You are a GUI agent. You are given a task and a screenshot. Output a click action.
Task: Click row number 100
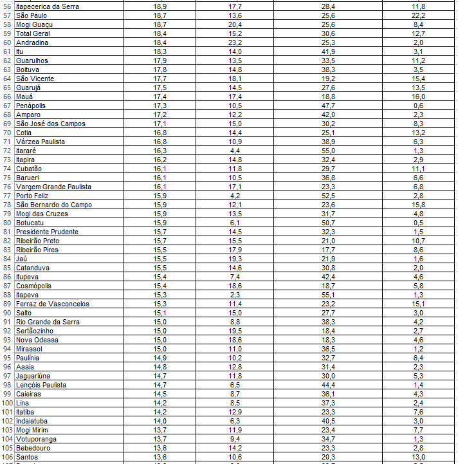[7, 403]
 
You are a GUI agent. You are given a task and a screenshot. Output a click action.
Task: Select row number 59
[7, 33]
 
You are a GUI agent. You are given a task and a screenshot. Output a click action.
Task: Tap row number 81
[7, 232]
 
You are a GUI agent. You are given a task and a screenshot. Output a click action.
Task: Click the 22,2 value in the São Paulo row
[418, 15]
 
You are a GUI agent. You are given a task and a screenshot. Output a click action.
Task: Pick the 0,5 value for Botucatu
[418, 223]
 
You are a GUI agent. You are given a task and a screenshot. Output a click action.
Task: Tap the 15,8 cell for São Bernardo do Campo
[418, 205]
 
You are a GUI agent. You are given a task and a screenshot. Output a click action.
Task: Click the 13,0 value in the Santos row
[418, 457]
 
